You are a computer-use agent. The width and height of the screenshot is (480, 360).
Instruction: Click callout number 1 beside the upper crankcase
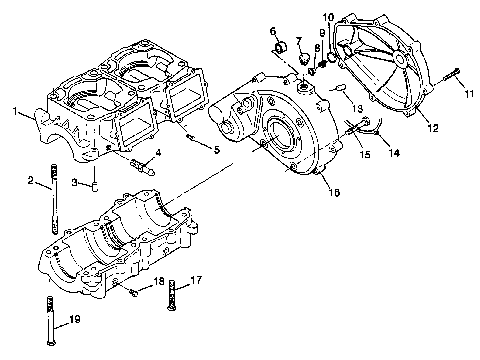pos(14,112)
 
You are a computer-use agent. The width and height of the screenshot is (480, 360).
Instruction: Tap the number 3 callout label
pos(74,181)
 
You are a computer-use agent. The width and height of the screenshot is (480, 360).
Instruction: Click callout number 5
pos(216,149)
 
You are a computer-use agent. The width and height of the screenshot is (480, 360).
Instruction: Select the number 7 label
pos(297,39)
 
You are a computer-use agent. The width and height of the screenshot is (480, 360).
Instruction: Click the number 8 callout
pos(317,48)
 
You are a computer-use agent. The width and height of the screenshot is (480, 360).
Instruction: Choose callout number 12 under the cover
pos(432,128)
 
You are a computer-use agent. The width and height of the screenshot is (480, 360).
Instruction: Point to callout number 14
pos(394,152)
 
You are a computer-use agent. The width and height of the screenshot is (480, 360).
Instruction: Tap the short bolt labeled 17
pos(175,290)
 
